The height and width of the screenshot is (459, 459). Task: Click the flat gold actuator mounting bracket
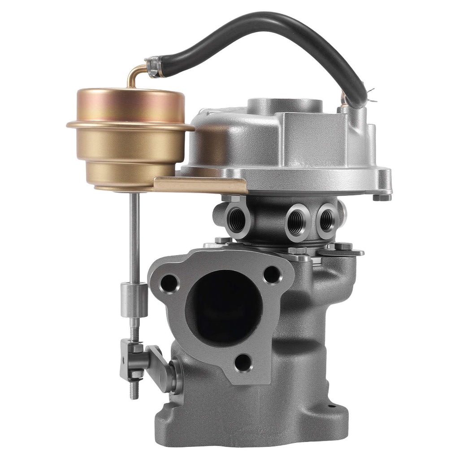(202, 184)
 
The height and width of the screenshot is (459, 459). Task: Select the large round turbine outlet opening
(224, 307)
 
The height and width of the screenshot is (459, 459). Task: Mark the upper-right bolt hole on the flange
(272, 274)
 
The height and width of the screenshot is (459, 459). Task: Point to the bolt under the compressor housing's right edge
(381, 197)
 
